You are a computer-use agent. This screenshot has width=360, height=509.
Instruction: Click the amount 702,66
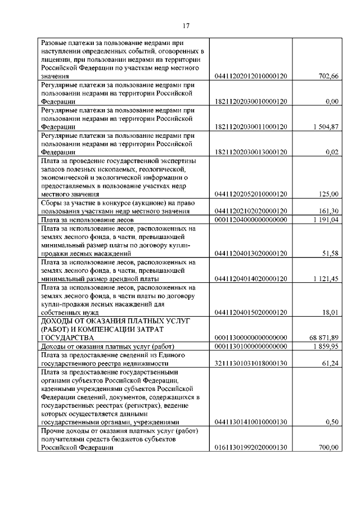pos(328,76)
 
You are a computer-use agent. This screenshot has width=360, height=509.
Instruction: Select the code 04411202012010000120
pos(251,76)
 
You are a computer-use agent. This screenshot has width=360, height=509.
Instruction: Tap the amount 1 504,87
pos(326,127)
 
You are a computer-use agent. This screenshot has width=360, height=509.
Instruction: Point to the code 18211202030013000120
pos(251,152)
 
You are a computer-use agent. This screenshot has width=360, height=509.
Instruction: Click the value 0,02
pos(332,152)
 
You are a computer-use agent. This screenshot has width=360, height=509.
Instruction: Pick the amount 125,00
pos(328,194)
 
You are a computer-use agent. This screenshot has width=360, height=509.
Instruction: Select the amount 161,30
pos(328,211)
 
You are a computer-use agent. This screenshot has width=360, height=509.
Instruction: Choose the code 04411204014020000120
pos(251,278)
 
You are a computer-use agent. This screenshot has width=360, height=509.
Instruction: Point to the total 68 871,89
pos(324,337)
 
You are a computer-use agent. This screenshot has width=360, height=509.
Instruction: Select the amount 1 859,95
pos(326,346)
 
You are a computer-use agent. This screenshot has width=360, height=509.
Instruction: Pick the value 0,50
pos(332,421)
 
